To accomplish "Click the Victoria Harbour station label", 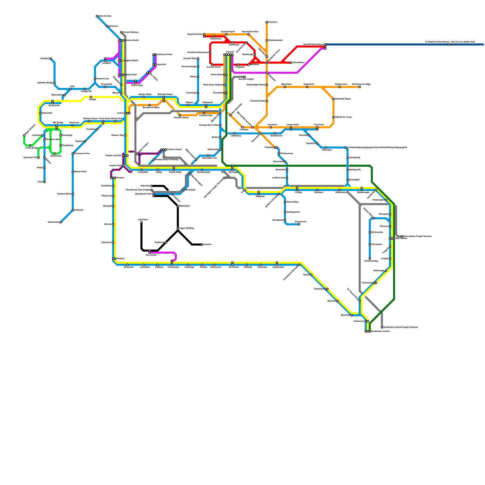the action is coord(131,32).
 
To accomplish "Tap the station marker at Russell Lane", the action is coord(95,79).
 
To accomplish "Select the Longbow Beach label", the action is coord(130,61).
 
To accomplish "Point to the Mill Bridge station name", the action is coord(58,123).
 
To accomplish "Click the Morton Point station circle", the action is coord(73,172).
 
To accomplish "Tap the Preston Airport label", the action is coord(175,149).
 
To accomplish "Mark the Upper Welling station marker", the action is coord(178,228).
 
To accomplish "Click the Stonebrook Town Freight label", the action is coord(138,190).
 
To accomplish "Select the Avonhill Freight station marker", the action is coord(245,77).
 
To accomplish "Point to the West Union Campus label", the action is coord(212,85).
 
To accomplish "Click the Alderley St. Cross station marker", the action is coord(333,117).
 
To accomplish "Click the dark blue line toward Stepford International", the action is coord(394,45).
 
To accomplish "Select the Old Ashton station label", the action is coord(377,245).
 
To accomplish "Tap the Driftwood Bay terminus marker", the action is coord(370,259).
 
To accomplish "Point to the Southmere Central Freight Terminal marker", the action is coord(382,327).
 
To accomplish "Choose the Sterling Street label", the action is coord(203,172).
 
